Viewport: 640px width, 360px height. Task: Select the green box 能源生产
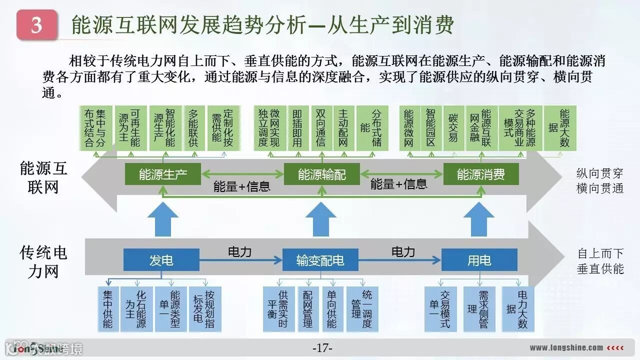(163, 174)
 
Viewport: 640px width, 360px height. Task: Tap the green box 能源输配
(322, 174)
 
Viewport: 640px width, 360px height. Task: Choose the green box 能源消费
(481, 174)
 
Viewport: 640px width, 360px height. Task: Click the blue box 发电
(161, 260)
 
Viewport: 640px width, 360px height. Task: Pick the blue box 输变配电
(320, 260)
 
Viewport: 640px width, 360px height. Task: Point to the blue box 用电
(479, 260)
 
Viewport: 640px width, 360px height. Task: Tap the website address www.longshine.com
(566, 347)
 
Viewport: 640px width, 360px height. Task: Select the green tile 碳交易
(453, 128)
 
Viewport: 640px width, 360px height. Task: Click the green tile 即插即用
(297, 128)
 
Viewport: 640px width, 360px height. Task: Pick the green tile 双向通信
(321, 128)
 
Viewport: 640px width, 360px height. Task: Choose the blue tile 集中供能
(107, 309)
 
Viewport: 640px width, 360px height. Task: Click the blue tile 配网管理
(308, 309)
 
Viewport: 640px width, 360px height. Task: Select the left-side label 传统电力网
(43, 261)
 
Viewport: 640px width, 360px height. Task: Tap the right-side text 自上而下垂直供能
(600, 260)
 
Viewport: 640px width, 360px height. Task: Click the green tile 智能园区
(430, 128)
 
